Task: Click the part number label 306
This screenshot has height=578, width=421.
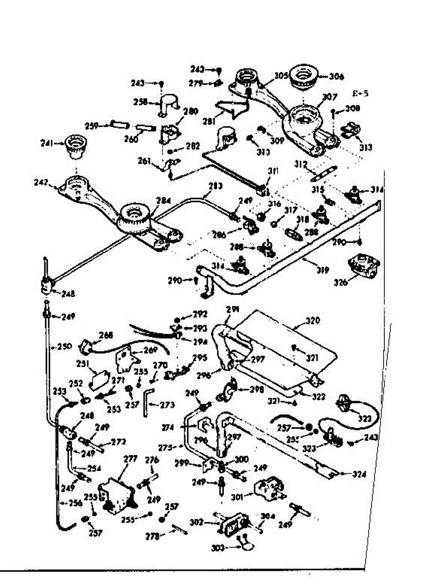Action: coord(337,76)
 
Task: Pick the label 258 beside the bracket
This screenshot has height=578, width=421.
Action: coord(140,102)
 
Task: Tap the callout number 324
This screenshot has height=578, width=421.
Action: coord(359,474)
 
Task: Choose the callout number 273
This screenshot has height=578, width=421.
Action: coord(167,405)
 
